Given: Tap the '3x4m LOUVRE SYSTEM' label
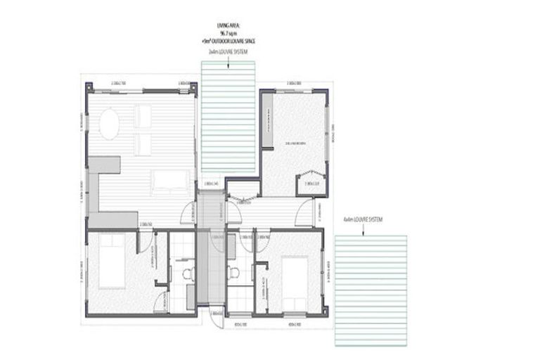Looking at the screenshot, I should tap(229, 51).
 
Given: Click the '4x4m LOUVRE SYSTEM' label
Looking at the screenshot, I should tap(363, 220).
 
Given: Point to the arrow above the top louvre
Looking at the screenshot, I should tap(229, 65).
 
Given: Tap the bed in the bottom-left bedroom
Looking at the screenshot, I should tap(112, 261).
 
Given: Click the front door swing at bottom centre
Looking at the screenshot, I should tap(217, 318).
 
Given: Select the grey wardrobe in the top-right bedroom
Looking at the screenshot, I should tap(267, 122).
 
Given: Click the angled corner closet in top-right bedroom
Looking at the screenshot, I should tap(312, 184).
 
